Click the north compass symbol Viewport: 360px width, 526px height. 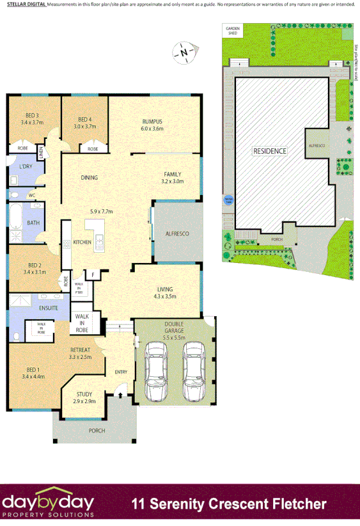tap(184, 52)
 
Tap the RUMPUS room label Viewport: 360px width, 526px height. tap(153, 121)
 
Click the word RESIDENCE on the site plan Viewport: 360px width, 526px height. tap(270, 151)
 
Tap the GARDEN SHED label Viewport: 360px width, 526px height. tap(231, 31)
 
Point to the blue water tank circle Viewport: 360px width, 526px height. tap(228, 199)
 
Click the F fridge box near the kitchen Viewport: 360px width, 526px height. tap(93, 275)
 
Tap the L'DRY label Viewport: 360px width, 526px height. tap(26, 167)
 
